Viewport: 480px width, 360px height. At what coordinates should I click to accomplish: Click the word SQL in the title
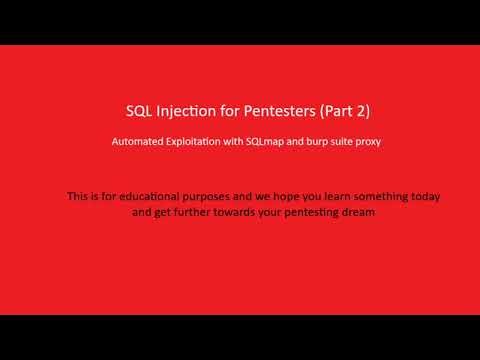pyautogui.click(x=140, y=111)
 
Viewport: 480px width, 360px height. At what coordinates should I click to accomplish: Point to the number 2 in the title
pyautogui.click(x=362, y=111)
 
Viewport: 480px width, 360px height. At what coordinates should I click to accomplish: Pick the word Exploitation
pyautogui.click(x=196, y=142)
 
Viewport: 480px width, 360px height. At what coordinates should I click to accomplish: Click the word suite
pyautogui.click(x=343, y=142)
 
